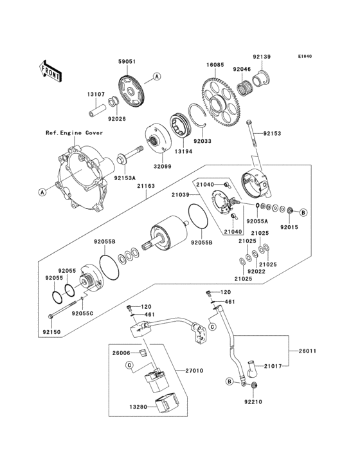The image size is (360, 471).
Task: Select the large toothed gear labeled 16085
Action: (x=222, y=102)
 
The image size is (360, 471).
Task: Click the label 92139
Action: (x=262, y=57)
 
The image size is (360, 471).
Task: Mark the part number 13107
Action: (x=96, y=94)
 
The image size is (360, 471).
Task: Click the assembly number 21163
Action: (x=146, y=185)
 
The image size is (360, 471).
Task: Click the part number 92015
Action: (x=289, y=226)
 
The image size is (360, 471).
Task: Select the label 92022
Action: (x=256, y=272)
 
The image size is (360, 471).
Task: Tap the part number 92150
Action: (x=52, y=332)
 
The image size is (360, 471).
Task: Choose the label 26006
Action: (x=121, y=353)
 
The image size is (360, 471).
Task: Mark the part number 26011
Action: (x=307, y=351)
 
